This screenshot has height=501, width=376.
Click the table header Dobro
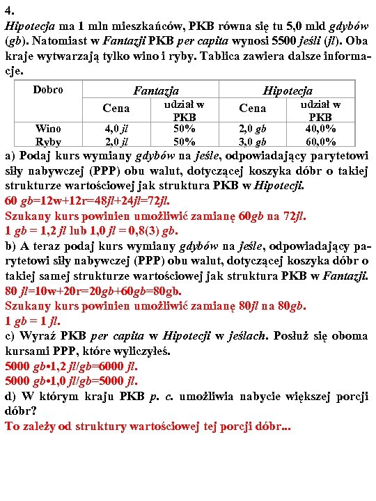(48, 90)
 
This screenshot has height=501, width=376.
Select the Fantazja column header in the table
(156, 90)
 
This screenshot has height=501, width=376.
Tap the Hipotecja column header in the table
(287, 90)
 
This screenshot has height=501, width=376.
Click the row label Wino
(48, 128)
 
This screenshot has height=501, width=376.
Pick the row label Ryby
(48, 142)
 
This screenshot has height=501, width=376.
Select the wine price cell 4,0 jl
(116, 129)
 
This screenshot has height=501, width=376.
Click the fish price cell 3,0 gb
(252, 142)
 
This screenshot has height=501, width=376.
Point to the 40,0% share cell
(320, 129)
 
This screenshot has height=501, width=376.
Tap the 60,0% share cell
(320, 142)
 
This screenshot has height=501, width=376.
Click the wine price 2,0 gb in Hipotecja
(252, 129)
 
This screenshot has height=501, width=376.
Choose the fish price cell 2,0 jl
(116, 142)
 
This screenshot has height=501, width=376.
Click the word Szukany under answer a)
(28, 216)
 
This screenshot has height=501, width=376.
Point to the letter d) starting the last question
(10, 397)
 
